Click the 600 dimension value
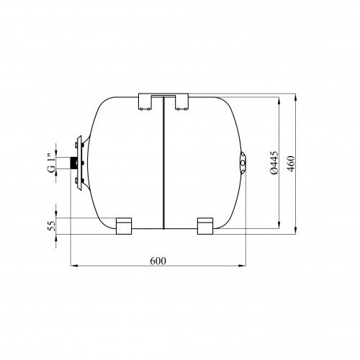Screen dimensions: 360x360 158,261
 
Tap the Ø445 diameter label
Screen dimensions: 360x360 274,163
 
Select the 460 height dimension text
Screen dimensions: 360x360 291,164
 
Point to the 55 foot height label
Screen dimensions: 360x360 52,226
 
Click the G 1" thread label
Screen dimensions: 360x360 51,162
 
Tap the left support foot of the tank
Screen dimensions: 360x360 124,226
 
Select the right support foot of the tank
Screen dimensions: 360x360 205,226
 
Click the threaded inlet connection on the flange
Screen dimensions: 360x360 73,163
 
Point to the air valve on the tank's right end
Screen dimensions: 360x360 243,163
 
